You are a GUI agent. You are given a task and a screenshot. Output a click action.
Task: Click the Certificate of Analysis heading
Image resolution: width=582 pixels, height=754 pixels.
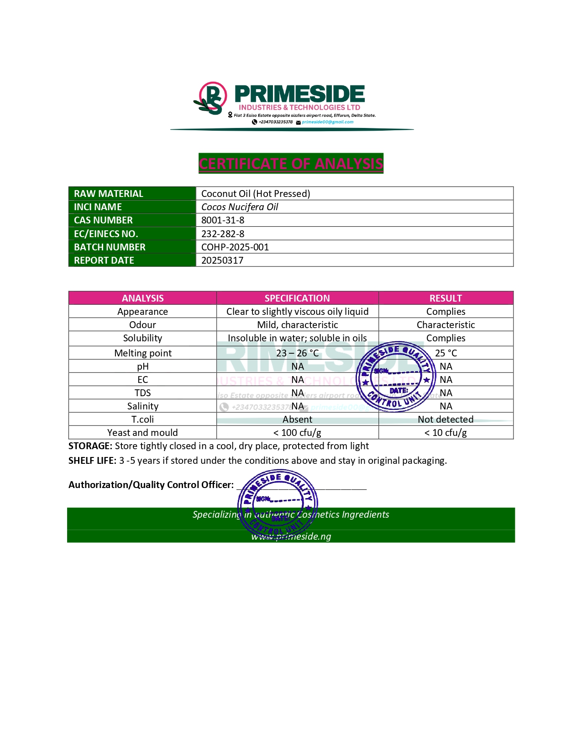click(x=291, y=164)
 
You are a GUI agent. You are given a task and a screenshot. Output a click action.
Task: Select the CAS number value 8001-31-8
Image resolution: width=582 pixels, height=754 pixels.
click(x=223, y=220)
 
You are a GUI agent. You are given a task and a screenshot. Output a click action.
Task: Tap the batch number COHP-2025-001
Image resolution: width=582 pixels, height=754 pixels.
click(x=235, y=247)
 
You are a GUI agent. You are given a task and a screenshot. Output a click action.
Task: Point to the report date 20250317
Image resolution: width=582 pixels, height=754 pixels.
click(x=222, y=260)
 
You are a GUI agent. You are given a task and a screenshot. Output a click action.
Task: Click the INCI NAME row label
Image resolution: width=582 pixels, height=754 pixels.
click(x=98, y=207)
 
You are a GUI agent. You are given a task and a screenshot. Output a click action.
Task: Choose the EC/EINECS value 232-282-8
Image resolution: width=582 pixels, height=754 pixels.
click(x=223, y=234)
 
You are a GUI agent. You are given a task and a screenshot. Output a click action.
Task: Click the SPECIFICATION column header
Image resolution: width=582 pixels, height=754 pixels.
click(x=297, y=298)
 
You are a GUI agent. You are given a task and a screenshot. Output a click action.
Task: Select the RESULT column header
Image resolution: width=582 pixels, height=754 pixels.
click(x=446, y=298)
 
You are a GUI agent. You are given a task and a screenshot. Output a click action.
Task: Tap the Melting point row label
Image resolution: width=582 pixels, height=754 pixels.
click(x=143, y=353)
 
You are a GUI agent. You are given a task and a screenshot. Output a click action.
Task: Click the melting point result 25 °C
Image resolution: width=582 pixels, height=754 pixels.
click(x=446, y=353)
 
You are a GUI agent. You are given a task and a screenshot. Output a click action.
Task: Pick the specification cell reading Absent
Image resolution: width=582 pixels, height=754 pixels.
click(x=297, y=419)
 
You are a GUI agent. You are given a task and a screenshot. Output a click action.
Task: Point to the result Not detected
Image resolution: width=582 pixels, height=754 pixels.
click(x=446, y=419)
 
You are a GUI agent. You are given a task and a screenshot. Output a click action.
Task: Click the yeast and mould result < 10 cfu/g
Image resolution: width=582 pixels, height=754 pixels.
click(x=446, y=433)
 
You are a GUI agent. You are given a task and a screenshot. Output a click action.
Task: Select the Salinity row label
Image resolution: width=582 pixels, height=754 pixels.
click(x=143, y=406)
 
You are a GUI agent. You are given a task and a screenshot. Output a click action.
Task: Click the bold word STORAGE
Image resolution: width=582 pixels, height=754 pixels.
click(x=90, y=446)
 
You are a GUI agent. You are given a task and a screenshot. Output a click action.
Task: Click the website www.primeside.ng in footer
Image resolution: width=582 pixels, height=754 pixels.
click(x=291, y=536)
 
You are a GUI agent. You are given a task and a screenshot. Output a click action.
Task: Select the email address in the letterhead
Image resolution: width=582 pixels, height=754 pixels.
click(x=327, y=122)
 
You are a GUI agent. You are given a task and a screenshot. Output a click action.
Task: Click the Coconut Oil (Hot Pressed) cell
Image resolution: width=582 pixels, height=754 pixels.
click(x=256, y=194)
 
